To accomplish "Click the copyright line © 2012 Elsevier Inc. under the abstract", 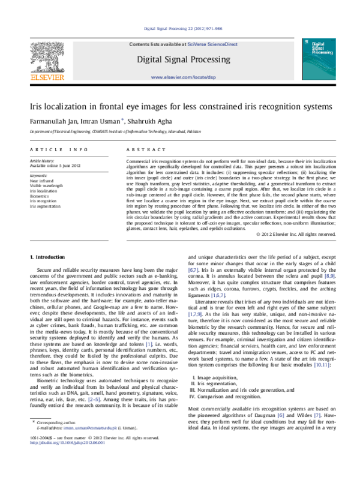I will [296, 233].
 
